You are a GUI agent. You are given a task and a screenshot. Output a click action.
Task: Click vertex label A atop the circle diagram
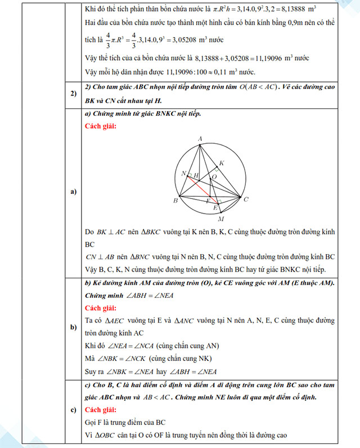coord(200,138)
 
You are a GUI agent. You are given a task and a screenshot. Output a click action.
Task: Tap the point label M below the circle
coord(220,219)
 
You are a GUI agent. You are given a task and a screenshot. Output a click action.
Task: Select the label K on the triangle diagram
coord(221,163)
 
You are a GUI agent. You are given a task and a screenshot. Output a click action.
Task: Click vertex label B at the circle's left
coord(175,201)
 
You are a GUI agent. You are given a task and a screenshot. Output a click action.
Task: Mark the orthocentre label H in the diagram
coord(196,175)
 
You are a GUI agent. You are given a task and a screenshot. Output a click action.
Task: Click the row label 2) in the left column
coord(73,93)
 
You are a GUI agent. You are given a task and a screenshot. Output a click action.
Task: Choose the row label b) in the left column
coord(73,328)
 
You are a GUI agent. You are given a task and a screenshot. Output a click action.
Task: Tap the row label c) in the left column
coord(73,409)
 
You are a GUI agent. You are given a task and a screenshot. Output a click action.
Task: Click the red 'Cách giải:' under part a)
coord(101,126)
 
